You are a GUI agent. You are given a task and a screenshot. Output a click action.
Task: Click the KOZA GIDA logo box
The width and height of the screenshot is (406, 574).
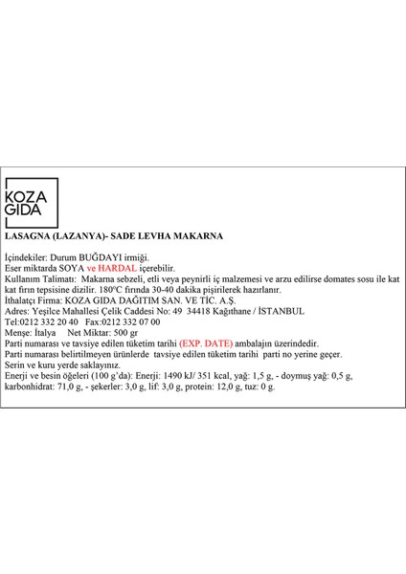(32, 215)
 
